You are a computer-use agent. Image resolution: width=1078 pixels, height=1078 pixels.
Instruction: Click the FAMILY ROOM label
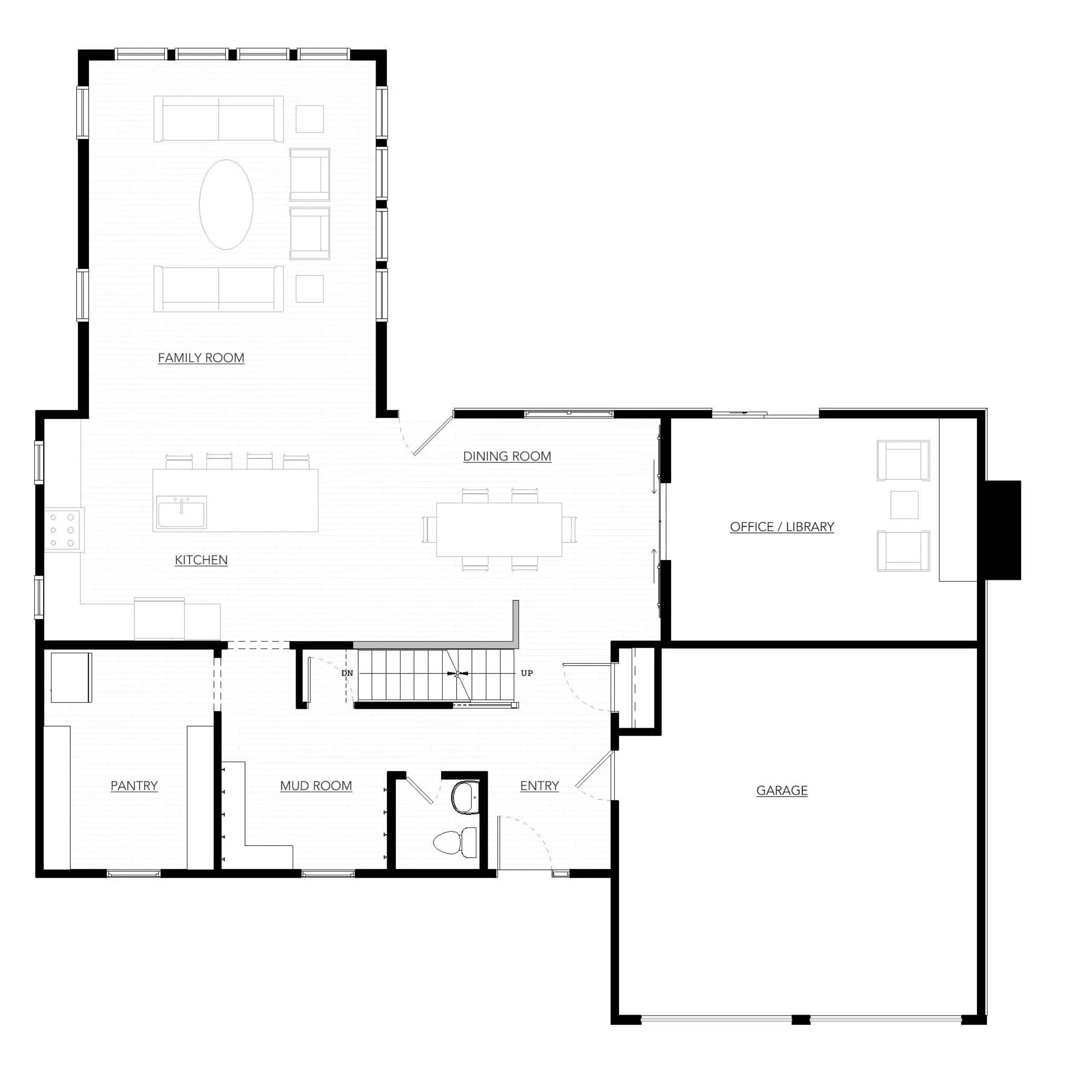(x=201, y=358)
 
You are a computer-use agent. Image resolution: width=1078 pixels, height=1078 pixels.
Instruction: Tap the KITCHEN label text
(x=201, y=560)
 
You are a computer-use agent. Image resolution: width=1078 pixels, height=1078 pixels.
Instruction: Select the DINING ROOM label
(x=507, y=456)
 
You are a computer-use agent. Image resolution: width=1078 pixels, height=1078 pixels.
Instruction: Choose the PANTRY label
(x=134, y=786)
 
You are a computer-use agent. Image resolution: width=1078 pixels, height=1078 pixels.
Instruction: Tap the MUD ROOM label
(x=316, y=786)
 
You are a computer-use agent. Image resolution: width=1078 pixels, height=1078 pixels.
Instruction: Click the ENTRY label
(x=539, y=786)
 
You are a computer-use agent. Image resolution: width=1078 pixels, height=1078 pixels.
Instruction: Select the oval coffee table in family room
(x=226, y=204)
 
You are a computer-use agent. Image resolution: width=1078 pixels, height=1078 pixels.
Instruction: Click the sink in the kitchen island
(x=181, y=512)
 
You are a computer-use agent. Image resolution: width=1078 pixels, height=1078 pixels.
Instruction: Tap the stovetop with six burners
(x=62, y=530)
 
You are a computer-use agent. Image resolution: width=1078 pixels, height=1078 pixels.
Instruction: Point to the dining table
(x=499, y=530)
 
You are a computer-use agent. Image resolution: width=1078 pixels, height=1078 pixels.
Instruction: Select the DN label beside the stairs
(x=347, y=673)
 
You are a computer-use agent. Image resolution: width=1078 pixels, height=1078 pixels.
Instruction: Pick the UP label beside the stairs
(x=527, y=673)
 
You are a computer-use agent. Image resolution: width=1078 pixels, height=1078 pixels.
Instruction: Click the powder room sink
(x=465, y=797)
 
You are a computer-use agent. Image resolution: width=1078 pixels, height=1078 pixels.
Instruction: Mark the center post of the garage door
(x=801, y=1020)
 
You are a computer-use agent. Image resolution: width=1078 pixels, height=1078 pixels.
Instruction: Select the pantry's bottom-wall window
(x=133, y=874)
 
